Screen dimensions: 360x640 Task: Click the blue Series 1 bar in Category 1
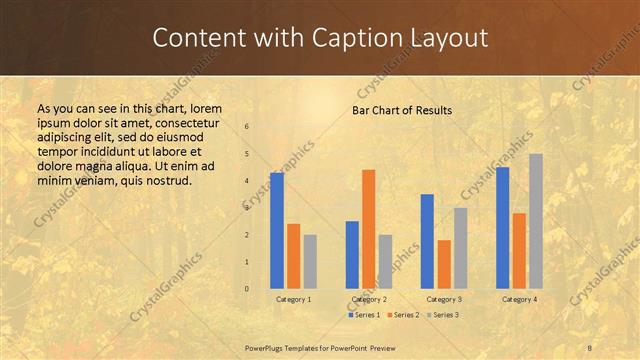[x=277, y=231]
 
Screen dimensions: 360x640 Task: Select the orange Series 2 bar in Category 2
[x=368, y=229]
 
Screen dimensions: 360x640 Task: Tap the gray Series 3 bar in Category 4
[x=536, y=221]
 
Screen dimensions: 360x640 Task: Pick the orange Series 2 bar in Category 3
[x=444, y=264]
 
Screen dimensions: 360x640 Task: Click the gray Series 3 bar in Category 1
[x=310, y=262]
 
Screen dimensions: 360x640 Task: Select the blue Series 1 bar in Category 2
[x=352, y=255]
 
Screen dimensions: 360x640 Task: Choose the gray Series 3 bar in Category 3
[x=460, y=248]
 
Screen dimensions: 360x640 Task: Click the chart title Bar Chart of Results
[x=402, y=110]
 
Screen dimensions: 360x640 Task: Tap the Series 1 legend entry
[x=366, y=315]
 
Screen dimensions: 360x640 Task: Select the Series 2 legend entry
[x=402, y=315]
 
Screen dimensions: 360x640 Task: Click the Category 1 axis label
[x=293, y=299]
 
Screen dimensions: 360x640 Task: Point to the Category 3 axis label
[x=444, y=299]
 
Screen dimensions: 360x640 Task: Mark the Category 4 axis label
[x=519, y=299]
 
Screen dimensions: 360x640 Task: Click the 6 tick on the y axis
[x=247, y=127]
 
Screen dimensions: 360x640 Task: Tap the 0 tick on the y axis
[x=247, y=289]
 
